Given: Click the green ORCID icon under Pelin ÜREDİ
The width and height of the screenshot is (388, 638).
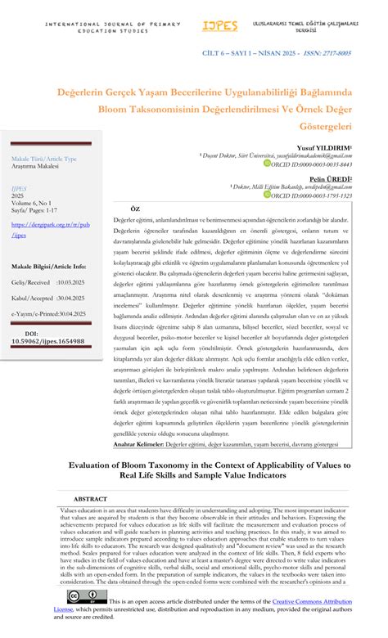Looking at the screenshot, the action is click(x=266, y=195).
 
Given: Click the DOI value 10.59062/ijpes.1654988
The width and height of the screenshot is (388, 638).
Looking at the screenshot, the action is click(x=47, y=341).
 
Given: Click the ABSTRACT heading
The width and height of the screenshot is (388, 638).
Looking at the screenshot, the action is click(x=90, y=498).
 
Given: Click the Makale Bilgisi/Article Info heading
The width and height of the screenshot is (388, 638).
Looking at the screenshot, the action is click(x=48, y=267).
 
